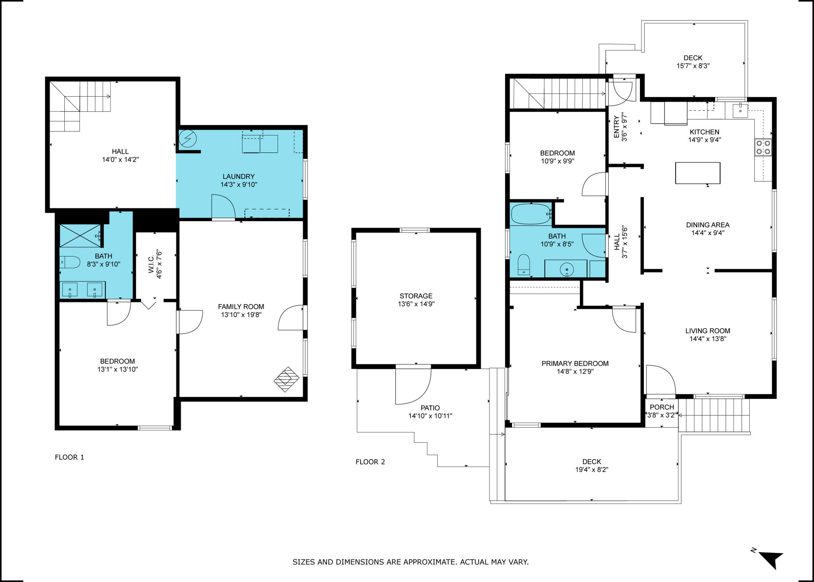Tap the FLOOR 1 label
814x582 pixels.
pos(70,457)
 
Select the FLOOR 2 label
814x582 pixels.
pos(370,462)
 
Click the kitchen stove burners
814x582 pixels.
pos(763,147)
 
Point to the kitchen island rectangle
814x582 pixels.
pos(698,173)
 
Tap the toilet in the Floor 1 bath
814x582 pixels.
pos(70,262)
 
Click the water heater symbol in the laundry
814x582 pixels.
pos(188,138)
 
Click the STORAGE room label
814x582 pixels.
pos(416,296)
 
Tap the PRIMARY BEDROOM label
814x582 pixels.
pos(575,364)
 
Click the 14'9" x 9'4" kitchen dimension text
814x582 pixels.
pos(704,140)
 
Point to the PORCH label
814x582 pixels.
pos(662,407)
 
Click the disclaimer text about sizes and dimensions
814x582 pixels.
pos(411,562)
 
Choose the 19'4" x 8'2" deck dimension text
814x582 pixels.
pos(591,470)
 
